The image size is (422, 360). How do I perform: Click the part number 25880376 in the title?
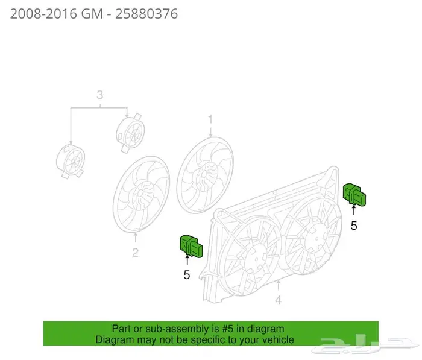146,14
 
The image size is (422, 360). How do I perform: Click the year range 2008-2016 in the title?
43,14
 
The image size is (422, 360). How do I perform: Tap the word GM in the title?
92,14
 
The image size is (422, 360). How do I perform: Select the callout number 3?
100,95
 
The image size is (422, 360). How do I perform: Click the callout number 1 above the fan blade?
210,119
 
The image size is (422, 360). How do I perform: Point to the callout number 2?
136,253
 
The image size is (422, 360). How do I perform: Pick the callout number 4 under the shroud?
279,300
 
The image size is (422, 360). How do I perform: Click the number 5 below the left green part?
187,275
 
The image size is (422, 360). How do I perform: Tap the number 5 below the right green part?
354,226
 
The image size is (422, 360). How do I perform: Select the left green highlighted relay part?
191,246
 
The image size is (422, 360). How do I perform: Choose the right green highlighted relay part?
354,195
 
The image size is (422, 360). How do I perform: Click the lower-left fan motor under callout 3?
71,161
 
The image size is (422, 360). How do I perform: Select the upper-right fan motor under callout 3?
131,133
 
